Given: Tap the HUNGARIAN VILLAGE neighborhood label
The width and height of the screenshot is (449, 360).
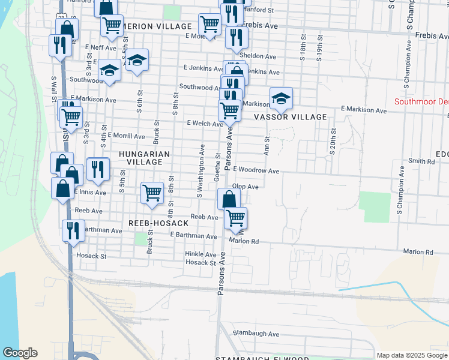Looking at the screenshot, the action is pos(144,158).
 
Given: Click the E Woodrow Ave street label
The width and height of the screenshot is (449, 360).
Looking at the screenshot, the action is pos(256,171).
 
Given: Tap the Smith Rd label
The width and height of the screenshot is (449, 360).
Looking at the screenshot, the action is pos(421,161).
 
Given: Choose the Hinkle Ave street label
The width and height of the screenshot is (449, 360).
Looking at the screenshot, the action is pos(200,254).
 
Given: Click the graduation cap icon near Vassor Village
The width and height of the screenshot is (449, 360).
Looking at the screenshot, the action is pos(280,98).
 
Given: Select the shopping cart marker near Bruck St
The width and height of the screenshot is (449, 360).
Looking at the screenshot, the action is pos(152,193).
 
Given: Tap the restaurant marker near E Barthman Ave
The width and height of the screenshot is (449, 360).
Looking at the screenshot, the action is pos(73,230).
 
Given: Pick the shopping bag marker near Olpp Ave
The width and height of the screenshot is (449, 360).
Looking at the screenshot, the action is pos(228,199).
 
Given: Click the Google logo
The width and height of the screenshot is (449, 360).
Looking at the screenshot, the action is pos(20,353).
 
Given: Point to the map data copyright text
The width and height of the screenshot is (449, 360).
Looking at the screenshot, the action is pos(411,355).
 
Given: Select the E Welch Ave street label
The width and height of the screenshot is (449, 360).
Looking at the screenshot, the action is pos(205,123).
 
